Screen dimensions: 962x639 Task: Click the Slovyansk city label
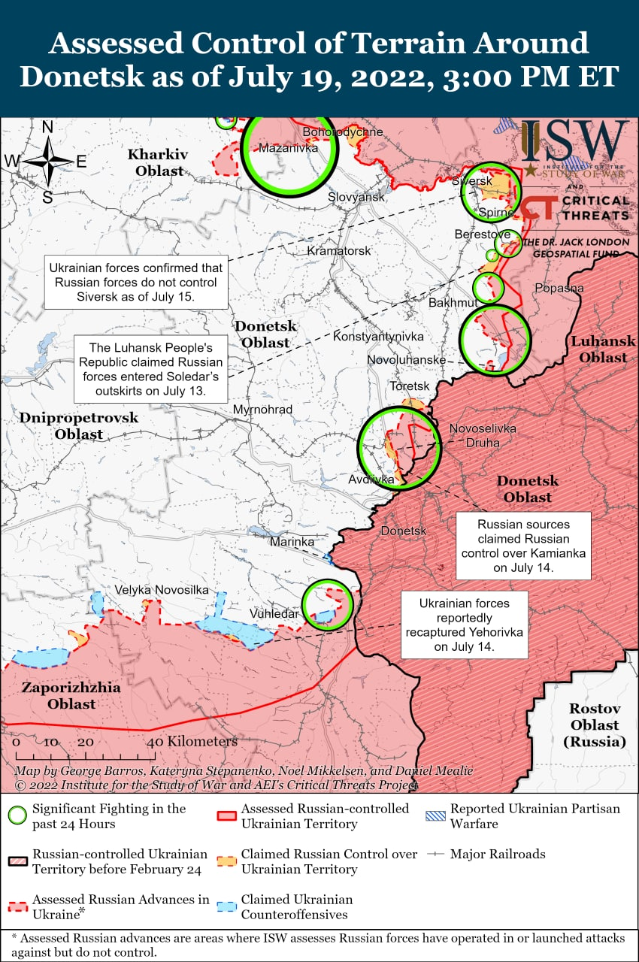[356, 197]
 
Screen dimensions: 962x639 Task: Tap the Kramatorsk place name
[339, 250]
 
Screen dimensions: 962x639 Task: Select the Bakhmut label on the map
[453, 303]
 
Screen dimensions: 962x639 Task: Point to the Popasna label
[559, 289]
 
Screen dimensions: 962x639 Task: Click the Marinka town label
[292, 541]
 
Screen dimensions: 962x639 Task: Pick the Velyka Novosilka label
[162, 590]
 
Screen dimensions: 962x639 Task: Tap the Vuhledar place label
[274, 614]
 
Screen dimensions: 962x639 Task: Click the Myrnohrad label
[262, 410]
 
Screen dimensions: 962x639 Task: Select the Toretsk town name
[409, 386]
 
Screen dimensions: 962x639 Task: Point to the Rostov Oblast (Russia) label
[594, 725]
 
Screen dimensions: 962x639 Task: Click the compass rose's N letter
[47, 127]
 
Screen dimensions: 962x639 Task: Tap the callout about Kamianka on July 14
[522, 546]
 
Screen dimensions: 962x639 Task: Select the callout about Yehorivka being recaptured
[464, 625]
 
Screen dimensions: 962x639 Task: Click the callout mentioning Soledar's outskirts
[151, 370]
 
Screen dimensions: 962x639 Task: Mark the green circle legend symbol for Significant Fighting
[18, 815]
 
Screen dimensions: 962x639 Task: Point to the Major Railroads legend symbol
[436, 855]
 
